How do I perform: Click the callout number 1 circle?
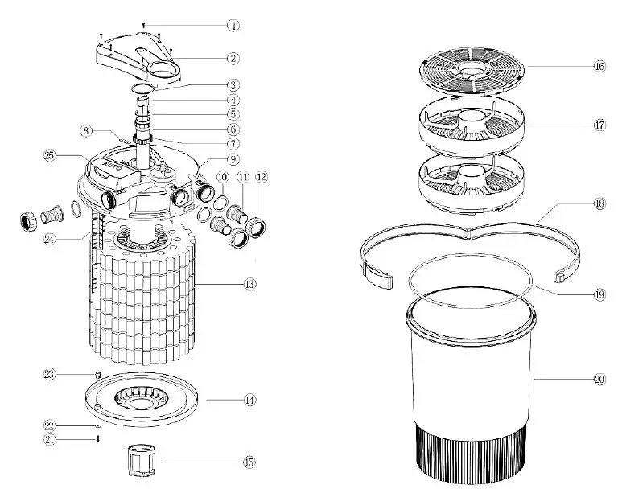233,25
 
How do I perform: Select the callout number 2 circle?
233,58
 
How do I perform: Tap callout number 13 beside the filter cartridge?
249,284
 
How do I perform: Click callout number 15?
249,462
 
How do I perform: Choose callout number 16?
599,67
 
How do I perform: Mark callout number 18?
599,204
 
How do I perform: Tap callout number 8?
84,129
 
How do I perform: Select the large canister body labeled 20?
471,378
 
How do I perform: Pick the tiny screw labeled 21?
97,438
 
